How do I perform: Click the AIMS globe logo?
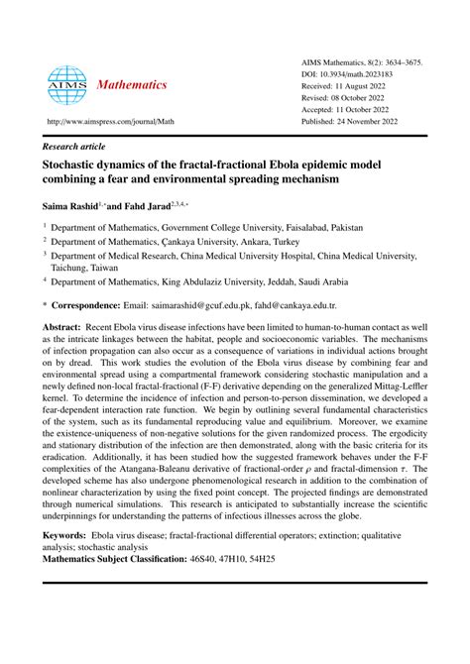67,85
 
